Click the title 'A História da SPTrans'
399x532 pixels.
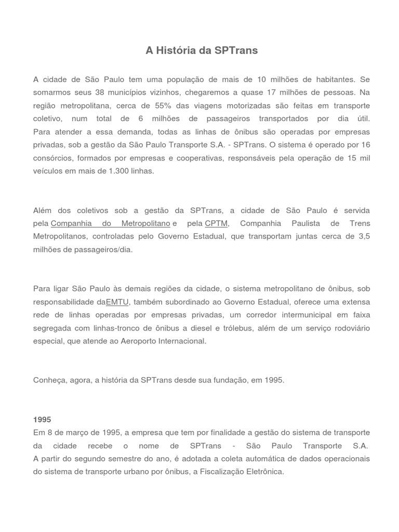pos(202,50)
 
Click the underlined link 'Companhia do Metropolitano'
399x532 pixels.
pos(111,223)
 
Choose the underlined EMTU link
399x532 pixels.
pos(117,302)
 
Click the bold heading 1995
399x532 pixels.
pos(42,419)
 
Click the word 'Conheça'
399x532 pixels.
pos(49,380)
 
